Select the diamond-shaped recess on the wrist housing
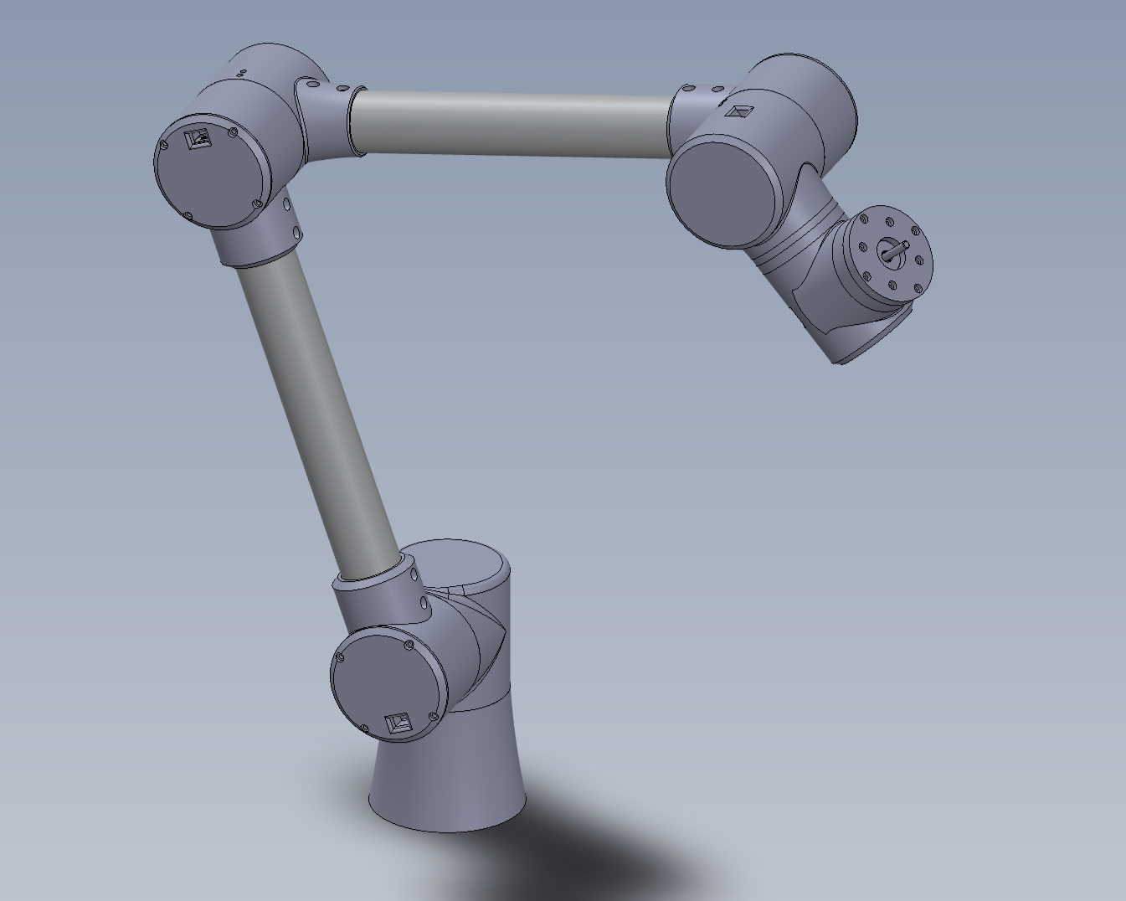736,111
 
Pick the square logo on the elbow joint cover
198,138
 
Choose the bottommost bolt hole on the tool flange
892,286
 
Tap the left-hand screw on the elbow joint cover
165,143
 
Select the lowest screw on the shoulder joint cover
364,729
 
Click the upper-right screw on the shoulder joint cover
409,645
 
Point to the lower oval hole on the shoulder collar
424,602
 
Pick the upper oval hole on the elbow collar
286,203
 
